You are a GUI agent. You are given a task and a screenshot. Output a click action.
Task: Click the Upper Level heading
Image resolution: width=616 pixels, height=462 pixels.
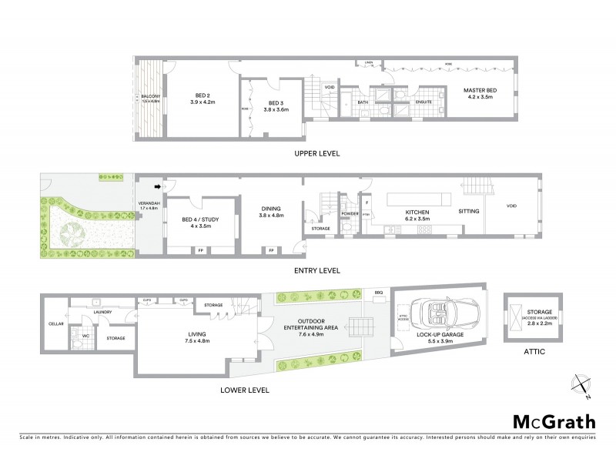316,153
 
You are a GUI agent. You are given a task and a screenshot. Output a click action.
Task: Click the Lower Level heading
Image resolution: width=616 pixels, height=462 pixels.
246,390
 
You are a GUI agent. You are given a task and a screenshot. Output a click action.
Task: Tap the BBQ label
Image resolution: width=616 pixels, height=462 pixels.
378,293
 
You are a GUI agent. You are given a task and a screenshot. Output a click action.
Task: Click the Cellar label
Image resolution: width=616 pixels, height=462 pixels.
55,323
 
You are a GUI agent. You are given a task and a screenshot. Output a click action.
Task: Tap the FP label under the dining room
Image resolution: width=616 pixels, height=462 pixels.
272,250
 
